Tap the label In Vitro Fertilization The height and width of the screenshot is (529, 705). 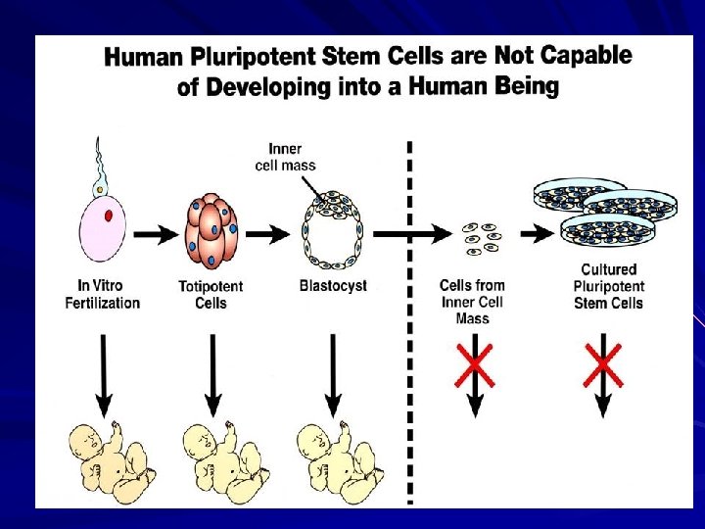pyautogui.click(x=102, y=294)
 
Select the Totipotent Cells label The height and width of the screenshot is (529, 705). pyautogui.click(x=211, y=294)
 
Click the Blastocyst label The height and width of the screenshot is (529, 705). pyautogui.click(x=333, y=286)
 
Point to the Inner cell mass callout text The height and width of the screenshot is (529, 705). pyautogui.click(x=285, y=157)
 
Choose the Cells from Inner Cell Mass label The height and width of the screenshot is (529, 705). pyautogui.click(x=472, y=302)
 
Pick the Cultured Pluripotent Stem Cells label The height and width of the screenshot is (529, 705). pyautogui.click(x=608, y=285)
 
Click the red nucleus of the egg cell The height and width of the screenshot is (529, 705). pyautogui.click(x=109, y=216)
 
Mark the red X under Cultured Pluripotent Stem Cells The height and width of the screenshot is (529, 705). pyautogui.click(x=603, y=363)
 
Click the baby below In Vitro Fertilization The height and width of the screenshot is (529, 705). pyautogui.click(x=110, y=460)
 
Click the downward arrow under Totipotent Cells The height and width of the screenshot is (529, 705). pyautogui.click(x=212, y=371)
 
